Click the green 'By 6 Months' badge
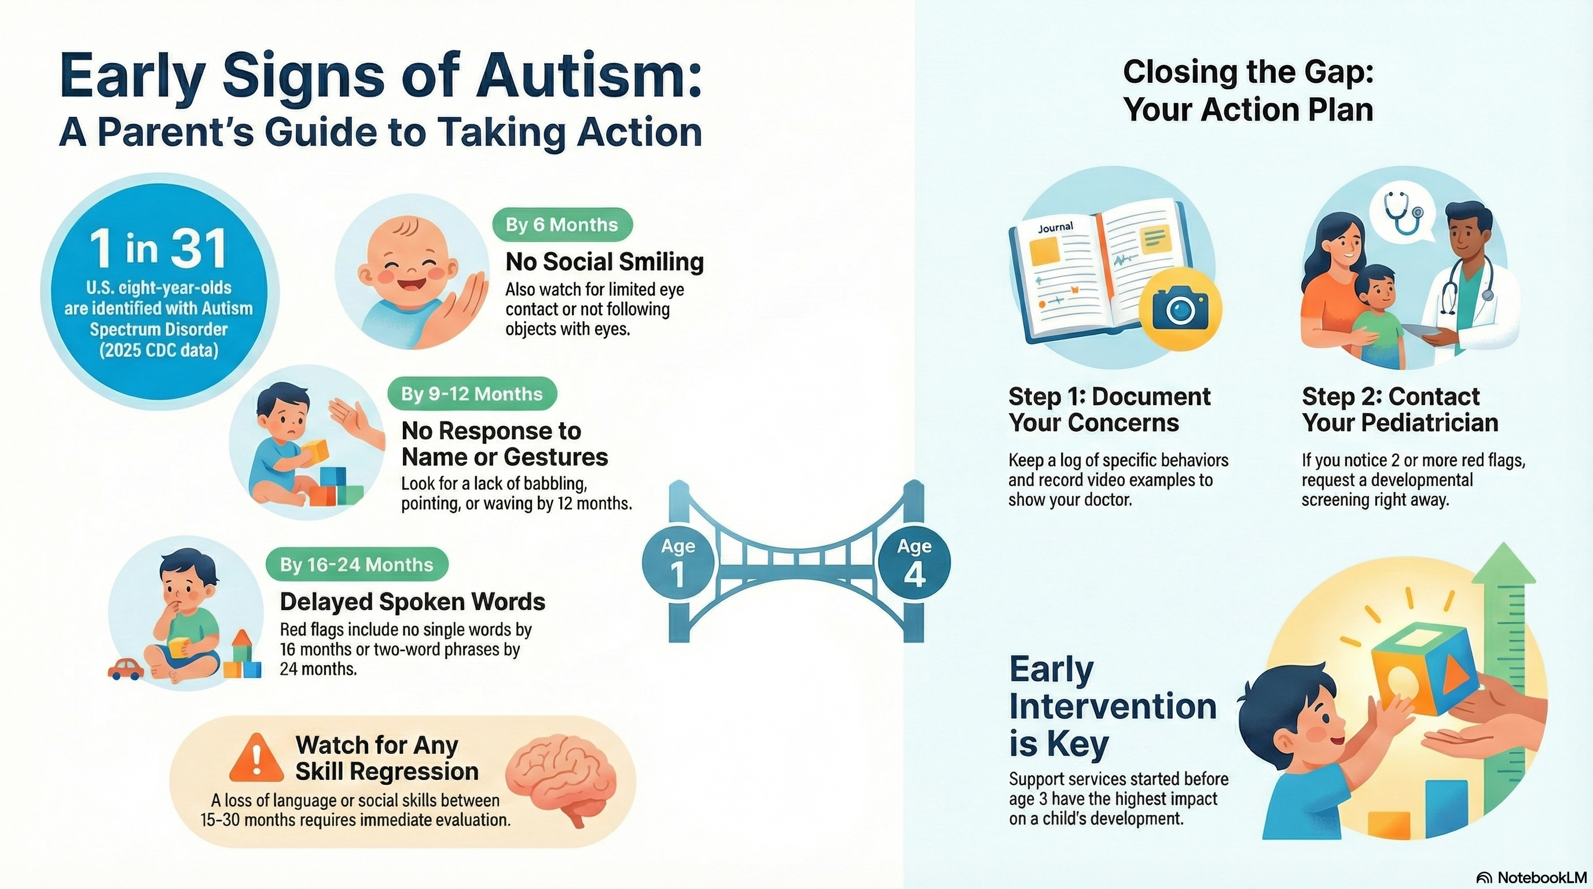click(x=561, y=225)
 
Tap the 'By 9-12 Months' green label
click(x=471, y=394)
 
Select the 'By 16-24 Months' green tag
click(x=356, y=564)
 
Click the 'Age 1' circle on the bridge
click(x=678, y=563)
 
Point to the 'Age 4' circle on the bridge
click(x=914, y=563)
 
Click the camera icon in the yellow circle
click(x=1180, y=308)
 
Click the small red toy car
click(x=126, y=669)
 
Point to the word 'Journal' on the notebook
click(x=1056, y=227)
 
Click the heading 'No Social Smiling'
click(x=604, y=262)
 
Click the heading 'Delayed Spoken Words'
click(x=413, y=601)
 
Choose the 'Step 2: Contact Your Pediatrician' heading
click(x=1400, y=409)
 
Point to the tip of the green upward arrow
click(x=1504, y=546)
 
